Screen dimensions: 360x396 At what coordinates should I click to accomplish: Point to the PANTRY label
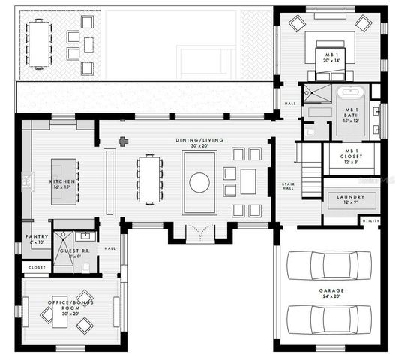tap(37, 239)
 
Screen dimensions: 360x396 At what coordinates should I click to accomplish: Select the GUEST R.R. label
tap(70, 252)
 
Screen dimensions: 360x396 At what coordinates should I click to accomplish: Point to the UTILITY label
tap(370, 221)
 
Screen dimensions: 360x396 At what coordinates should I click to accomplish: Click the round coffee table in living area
tap(199, 182)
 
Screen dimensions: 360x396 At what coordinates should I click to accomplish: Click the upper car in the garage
tap(331, 264)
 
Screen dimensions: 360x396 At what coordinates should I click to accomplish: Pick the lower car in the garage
tap(331, 318)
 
